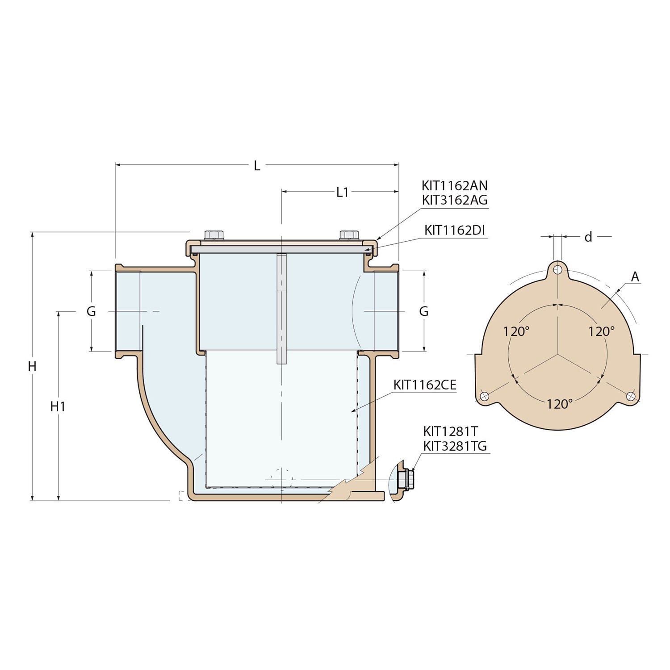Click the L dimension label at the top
[x=257, y=166]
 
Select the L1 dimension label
[x=342, y=192]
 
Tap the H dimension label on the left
[x=32, y=366]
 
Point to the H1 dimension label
[x=58, y=406]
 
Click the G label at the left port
[x=91, y=311]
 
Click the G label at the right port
[x=424, y=311]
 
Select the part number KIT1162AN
[x=454, y=186]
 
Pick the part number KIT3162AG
[x=454, y=200]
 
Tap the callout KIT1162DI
[x=454, y=230]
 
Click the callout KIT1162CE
[x=425, y=385]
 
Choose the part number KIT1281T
[x=450, y=431]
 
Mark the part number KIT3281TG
[x=455, y=446]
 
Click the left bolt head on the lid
[x=214, y=235]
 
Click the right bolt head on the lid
[x=349, y=235]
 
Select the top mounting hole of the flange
[x=557, y=270]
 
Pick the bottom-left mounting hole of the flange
[x=484, y=396]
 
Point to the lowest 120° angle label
[x=559, y=404]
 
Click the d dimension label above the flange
[x=588, y=237]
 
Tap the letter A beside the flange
[x=635, y=277]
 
